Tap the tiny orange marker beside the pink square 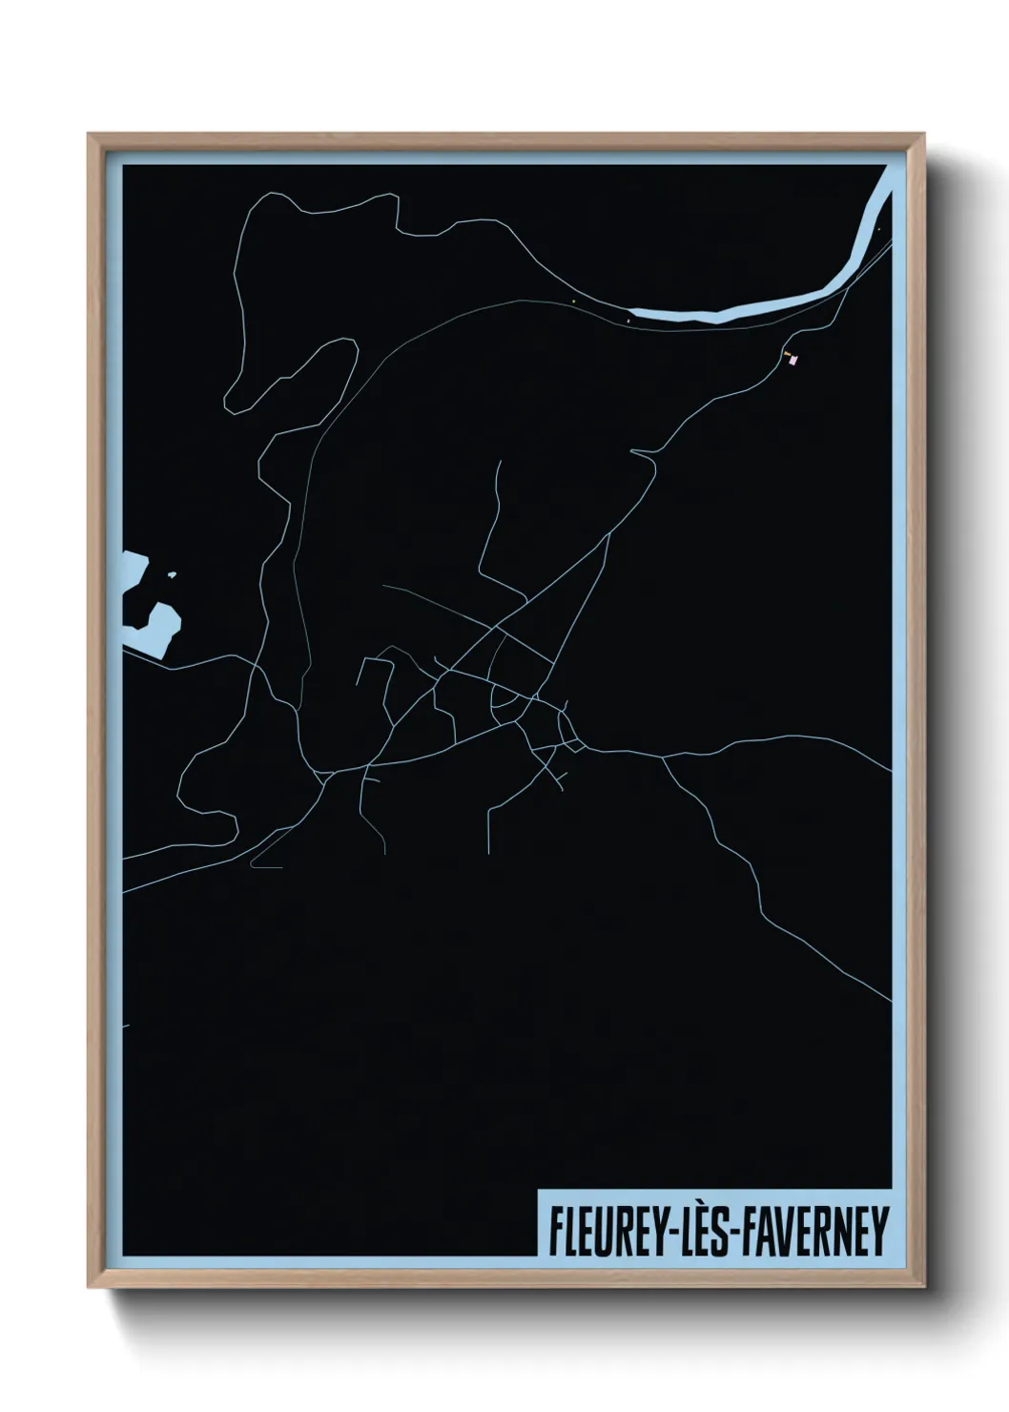click(x=786, y=354)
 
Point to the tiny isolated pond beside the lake click(x=172, y=574)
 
